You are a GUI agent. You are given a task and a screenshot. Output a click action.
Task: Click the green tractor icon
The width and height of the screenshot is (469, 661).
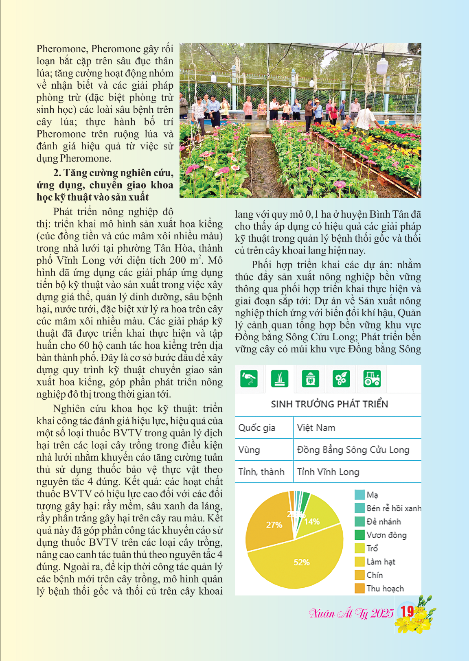click(372, 379)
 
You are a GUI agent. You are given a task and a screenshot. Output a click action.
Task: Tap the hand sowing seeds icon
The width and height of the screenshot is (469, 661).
click(249, 379)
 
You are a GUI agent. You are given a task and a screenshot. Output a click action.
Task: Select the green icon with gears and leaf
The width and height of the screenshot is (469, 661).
click(341, 379)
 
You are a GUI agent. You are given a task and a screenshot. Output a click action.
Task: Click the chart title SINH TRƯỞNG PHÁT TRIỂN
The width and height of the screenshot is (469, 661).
click(329, 404)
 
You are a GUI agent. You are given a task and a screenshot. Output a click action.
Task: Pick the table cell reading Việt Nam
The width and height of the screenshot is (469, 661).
click(316, 428)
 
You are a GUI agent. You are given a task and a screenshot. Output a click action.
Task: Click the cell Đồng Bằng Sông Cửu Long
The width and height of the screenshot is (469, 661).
click(353, 450)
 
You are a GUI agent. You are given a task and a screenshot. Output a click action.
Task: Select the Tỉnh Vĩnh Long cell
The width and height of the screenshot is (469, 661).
click(328, 472)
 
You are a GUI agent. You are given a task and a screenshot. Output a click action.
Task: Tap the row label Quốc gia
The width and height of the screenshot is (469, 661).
click(257, 428)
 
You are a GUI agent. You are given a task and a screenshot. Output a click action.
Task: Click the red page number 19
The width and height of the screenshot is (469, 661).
click(407, 611)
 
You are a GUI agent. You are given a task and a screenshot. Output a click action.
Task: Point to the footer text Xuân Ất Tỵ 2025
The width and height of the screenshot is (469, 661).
click(351, 613)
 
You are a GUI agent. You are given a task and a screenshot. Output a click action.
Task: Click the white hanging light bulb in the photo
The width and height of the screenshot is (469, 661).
click(382, 65)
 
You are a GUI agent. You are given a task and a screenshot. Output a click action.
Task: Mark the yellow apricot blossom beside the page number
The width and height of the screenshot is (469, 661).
click(421, 619)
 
